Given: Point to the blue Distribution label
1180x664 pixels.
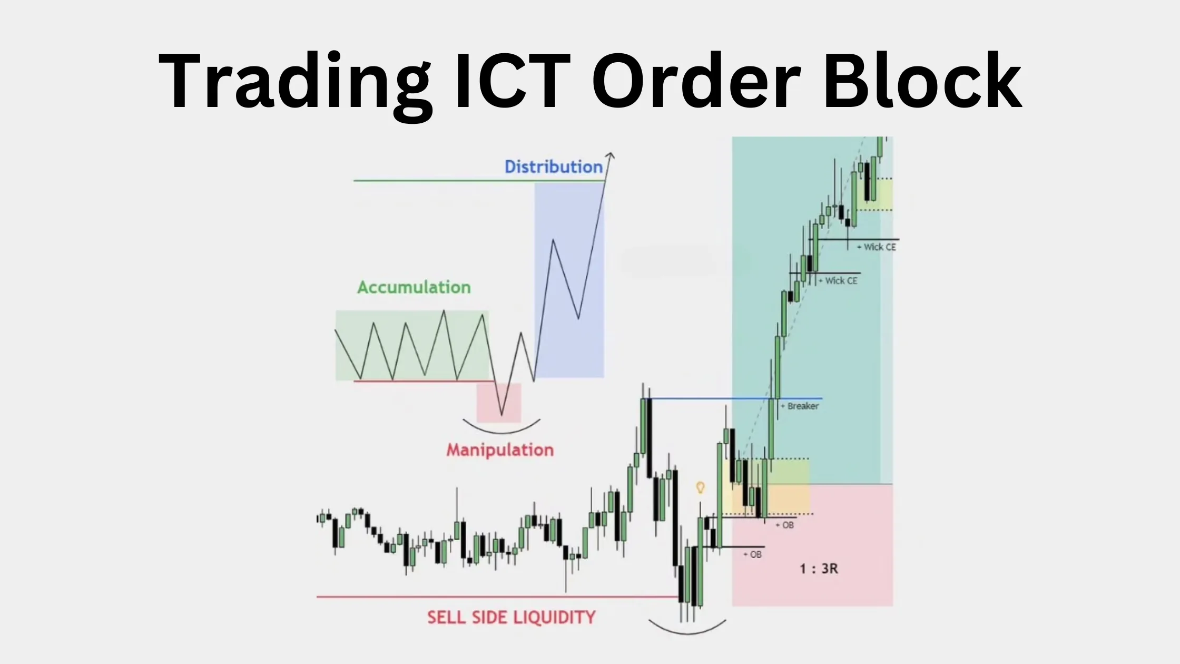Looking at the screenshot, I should click(553, 167).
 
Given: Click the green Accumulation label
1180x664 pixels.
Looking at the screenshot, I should click(414, 287).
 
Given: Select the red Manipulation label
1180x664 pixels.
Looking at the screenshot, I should click(500, 450).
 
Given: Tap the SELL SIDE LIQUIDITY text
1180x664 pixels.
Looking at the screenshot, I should click(511, 618).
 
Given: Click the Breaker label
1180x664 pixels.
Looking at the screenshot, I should click(802, 406).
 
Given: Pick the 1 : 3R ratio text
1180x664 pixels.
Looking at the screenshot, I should click(819, 569).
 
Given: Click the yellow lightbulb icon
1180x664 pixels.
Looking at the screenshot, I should click(700, 487).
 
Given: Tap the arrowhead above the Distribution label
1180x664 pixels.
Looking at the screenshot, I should click(610, 156).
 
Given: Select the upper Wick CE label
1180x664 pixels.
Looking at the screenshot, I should click(879, 247).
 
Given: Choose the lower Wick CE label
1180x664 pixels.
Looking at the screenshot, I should click(840, 281).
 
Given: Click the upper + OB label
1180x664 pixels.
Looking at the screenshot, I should click(785, 525).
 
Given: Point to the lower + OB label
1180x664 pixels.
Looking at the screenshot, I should click(753, 555).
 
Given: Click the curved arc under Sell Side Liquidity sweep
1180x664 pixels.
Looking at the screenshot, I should click(687, 631).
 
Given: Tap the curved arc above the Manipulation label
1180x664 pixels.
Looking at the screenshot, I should click(501, 430).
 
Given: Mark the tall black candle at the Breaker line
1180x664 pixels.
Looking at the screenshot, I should click(649, 437).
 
